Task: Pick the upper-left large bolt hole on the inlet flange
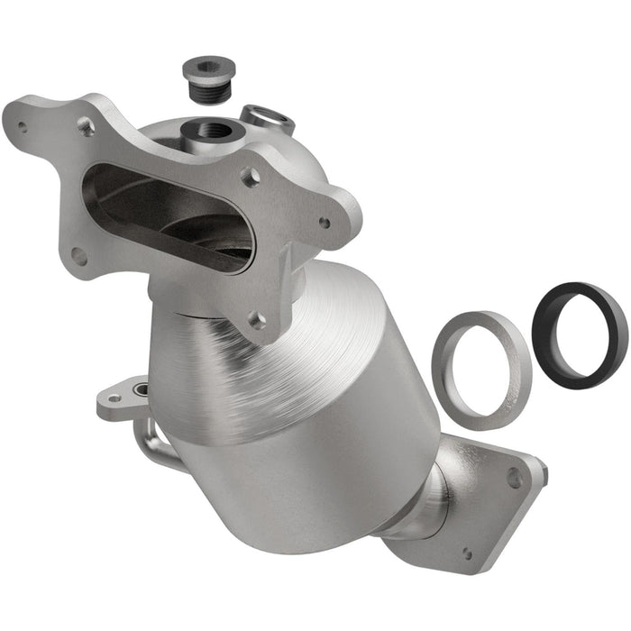click(x=87, y=127)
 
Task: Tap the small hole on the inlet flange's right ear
click(x=325, y=222)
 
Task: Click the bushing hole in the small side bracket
click(x=141, y=389)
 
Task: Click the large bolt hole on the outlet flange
click(x=515, y=478)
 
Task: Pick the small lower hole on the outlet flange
click(x=466, y=553)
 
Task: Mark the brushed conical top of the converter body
click(x=297, y=334)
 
